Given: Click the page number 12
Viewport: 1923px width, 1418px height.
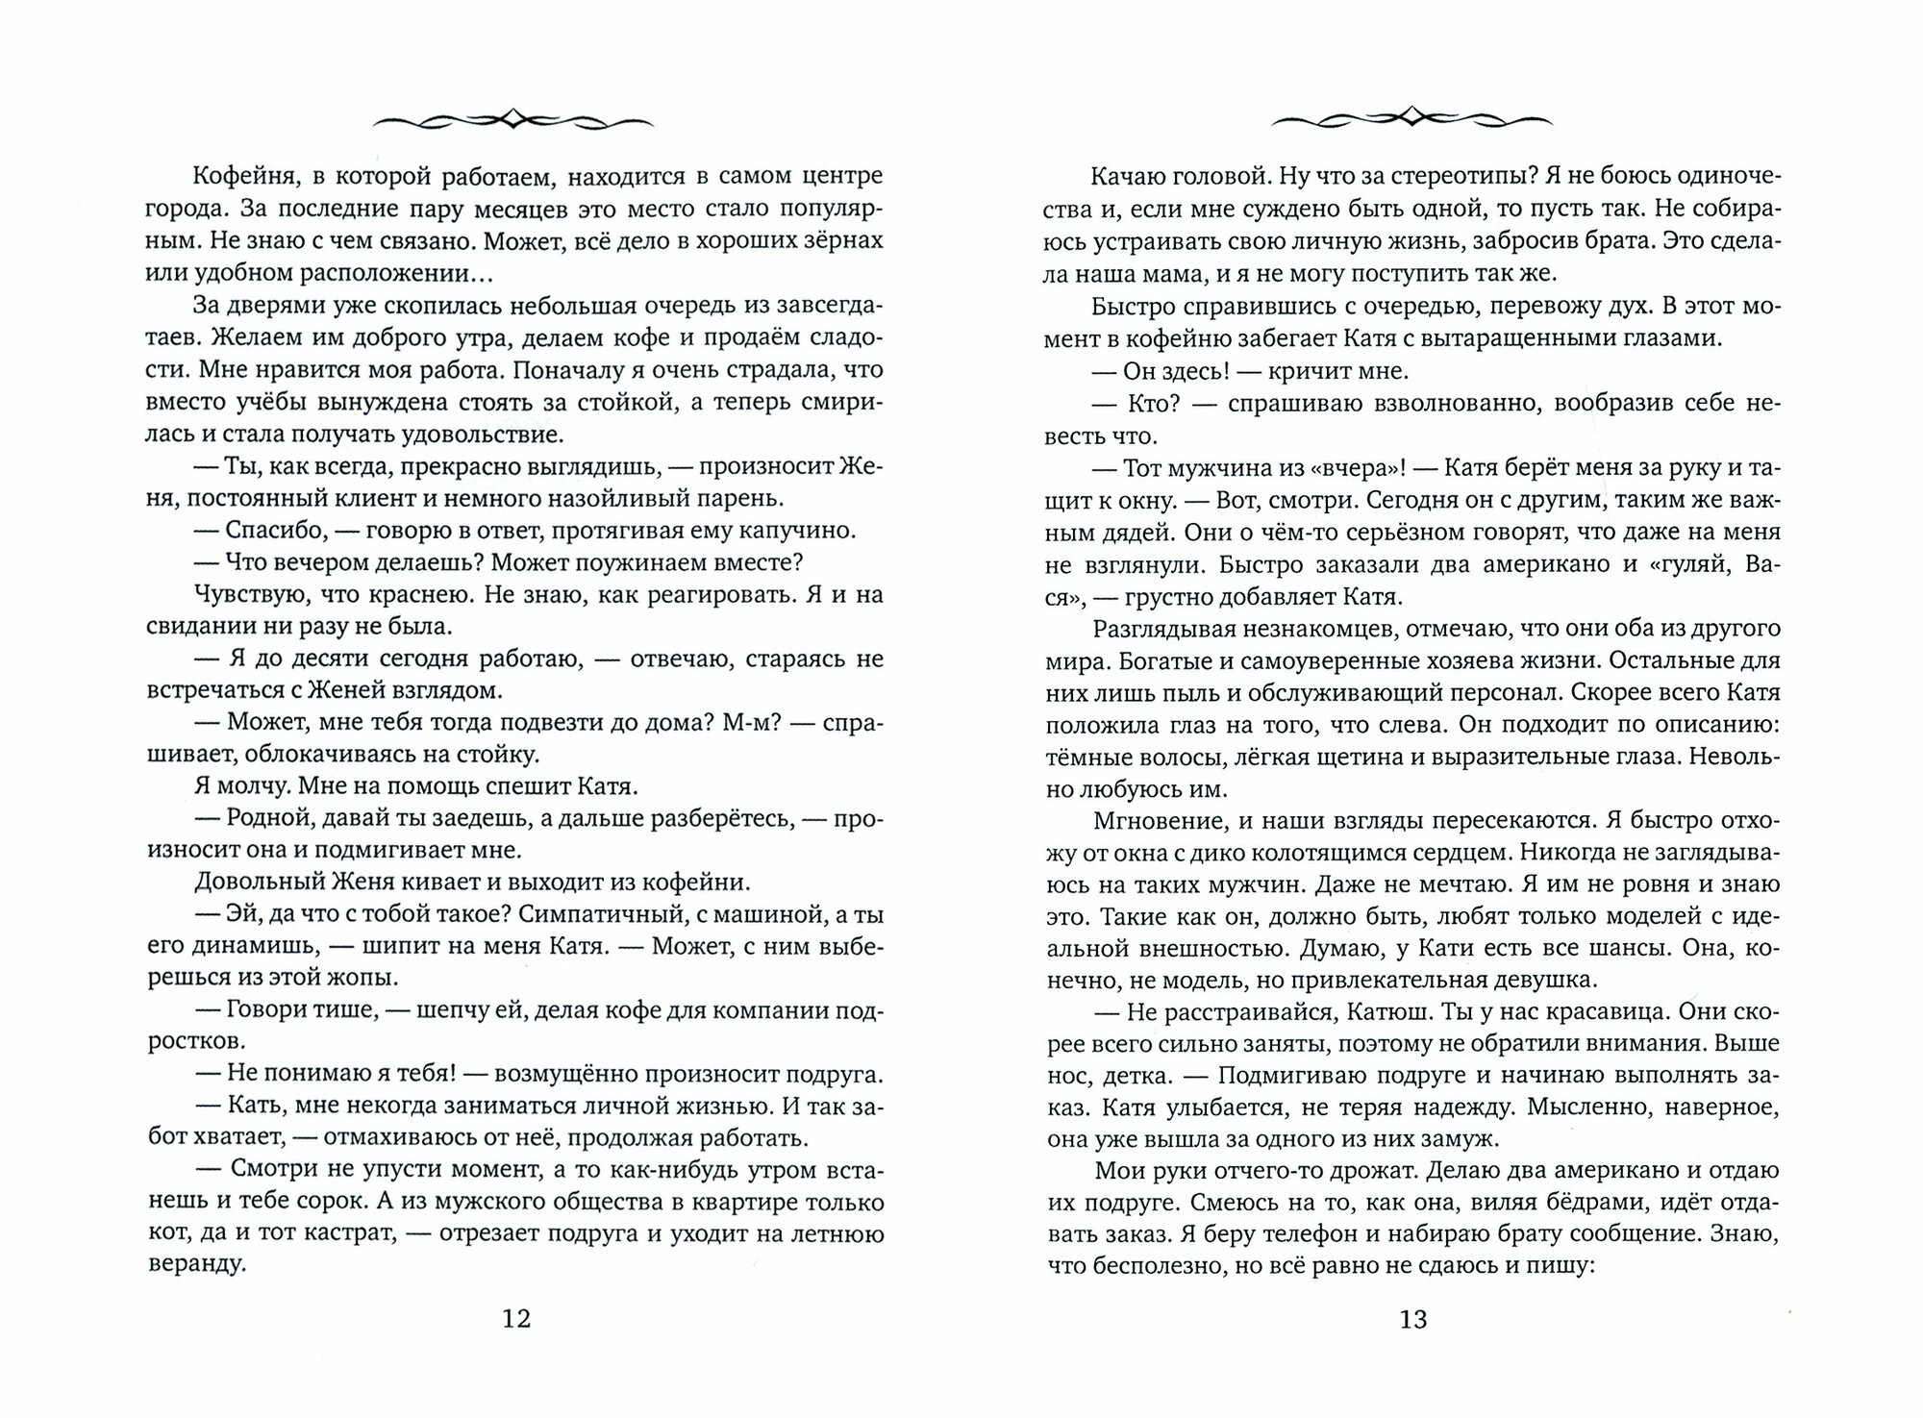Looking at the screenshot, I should tap(516, 1318).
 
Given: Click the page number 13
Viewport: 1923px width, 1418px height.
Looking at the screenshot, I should tap(1413, 1319).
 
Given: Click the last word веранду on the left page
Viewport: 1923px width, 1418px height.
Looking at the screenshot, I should tap(197, 1265).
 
